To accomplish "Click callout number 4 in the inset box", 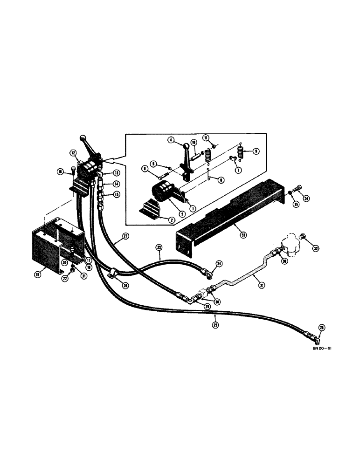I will [172, 139].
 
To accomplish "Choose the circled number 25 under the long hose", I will [215, 325].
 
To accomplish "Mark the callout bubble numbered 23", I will [159, 246].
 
